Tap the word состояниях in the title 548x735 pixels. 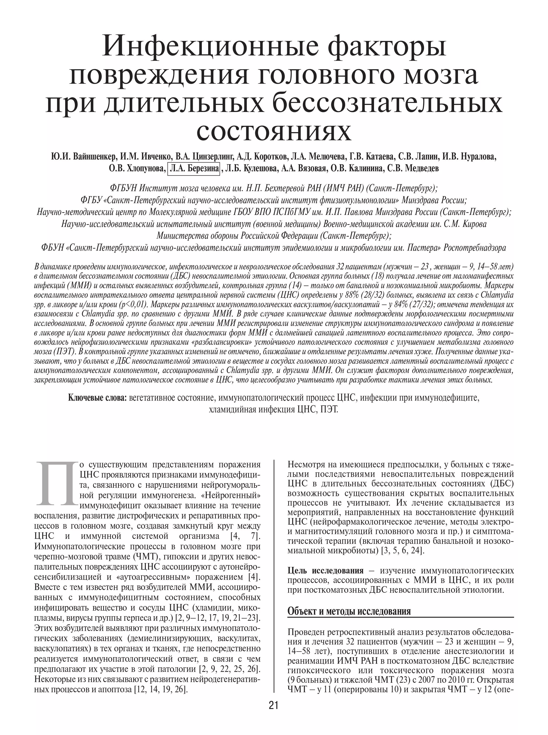coord(274,132)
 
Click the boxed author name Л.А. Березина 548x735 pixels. coord(194,169)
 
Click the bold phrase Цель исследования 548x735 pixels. coord(325,571)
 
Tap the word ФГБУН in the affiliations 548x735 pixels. coord(123,188)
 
